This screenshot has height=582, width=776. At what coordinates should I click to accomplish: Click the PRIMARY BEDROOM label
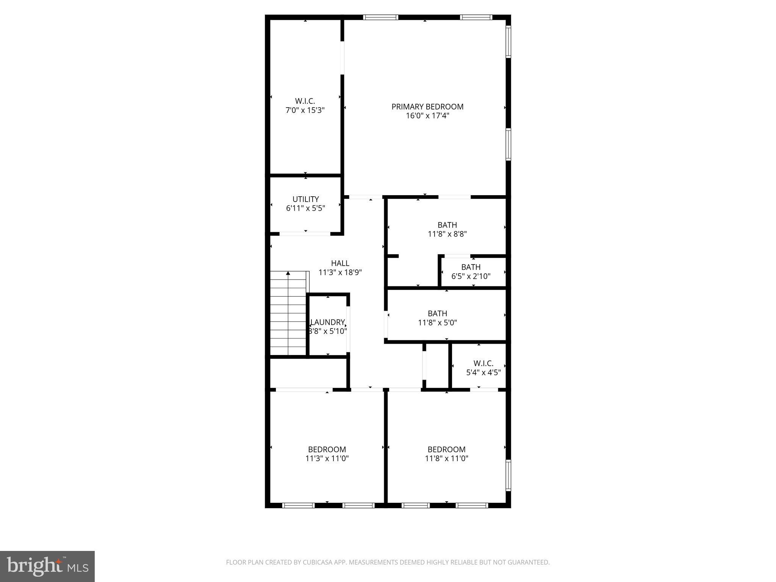427,107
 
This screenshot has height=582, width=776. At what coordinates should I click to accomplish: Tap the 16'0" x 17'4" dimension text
427,116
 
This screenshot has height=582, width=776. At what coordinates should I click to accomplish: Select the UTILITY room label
305,199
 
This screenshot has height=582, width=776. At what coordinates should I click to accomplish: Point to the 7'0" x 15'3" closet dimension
305,110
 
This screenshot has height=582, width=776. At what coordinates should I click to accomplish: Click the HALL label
340,263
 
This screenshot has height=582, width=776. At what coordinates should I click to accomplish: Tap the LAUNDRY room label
328,322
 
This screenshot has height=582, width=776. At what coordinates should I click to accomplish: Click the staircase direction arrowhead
288,273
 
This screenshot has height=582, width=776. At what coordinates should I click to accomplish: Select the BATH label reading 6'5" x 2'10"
471,267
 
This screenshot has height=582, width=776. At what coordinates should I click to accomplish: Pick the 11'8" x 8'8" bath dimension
447,234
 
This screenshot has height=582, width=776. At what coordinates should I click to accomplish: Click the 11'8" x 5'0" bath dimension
437,323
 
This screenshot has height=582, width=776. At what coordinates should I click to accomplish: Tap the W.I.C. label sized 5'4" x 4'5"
483,363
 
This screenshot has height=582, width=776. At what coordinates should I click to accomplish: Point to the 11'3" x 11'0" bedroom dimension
327,458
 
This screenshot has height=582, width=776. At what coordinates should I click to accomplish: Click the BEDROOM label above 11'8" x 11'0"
446,449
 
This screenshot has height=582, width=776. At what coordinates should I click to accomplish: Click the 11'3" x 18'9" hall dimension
340,272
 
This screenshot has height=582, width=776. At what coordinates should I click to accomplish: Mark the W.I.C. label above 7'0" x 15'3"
305,101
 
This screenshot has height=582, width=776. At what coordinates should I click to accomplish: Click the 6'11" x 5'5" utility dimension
305,208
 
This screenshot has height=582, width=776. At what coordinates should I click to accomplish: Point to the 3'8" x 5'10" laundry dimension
328,332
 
